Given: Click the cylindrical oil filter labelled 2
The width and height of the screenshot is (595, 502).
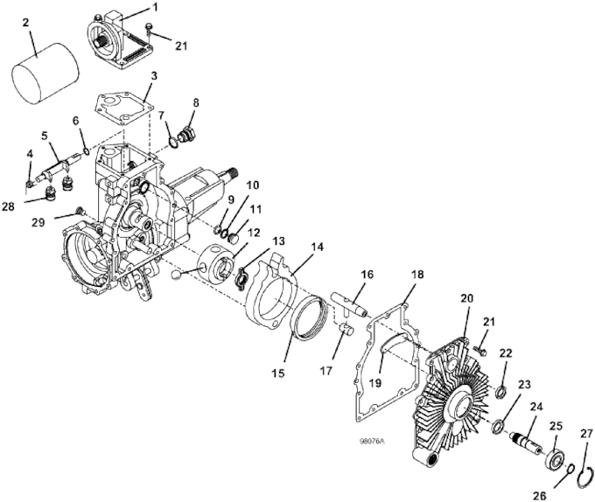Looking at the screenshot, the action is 45,73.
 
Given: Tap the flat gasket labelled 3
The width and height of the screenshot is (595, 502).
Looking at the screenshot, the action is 123,108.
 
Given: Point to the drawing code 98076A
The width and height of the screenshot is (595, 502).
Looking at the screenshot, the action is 372,442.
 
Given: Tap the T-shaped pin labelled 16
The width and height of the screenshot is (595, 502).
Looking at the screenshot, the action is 349,303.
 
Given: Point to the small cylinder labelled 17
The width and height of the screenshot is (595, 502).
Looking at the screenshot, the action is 346,329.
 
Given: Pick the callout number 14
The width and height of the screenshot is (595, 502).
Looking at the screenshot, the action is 318,248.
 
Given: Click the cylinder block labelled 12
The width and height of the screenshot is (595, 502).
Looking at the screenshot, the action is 216,263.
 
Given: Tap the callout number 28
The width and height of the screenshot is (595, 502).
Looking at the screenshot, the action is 9,206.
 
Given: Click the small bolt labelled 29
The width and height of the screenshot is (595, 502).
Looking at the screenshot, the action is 80,210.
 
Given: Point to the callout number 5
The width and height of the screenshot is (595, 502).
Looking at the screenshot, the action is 45,135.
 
